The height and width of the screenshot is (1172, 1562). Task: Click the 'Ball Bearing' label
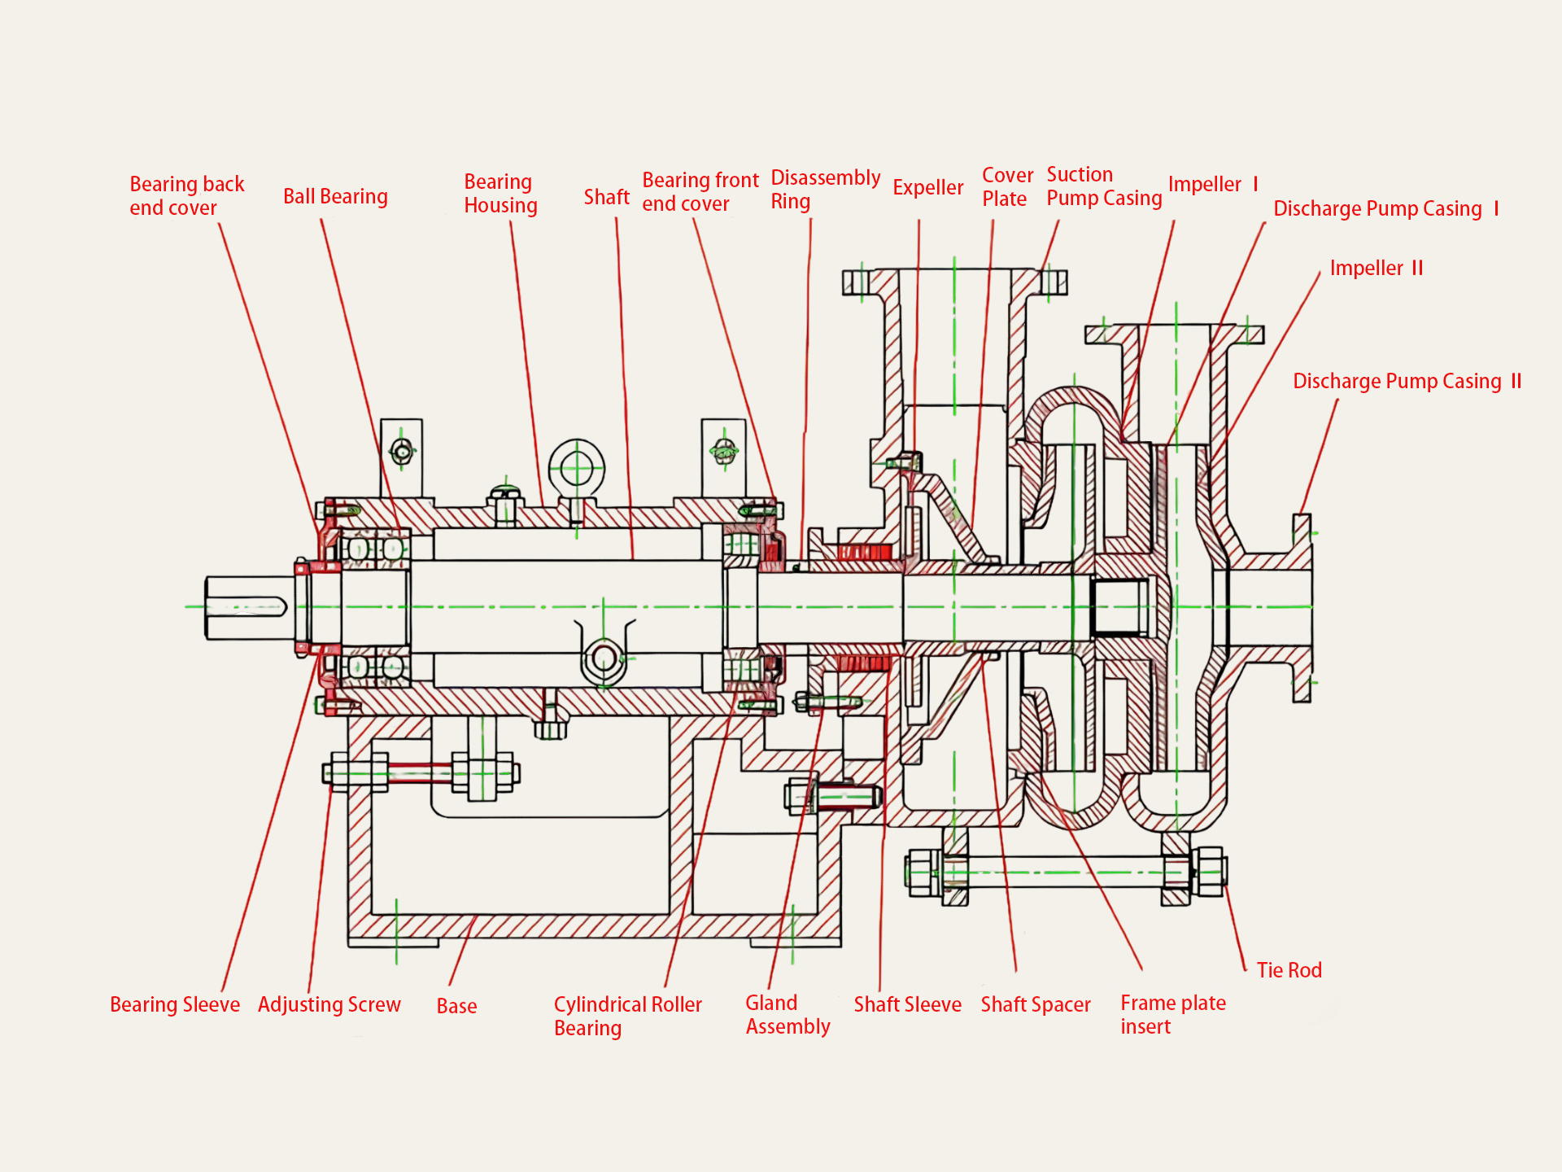click(x=335, y=197)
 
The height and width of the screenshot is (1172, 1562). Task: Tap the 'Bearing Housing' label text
click(x=500, y=194)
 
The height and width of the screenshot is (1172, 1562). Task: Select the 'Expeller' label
click(x=927, y=188)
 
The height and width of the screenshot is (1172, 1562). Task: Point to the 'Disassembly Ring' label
click(x=825, y=190)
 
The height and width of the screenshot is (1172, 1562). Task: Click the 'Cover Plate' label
click(x=1007, y=187)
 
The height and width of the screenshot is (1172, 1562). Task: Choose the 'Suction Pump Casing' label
click(x=1103, y=186)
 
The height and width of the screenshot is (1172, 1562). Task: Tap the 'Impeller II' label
click(x=1376, y=269)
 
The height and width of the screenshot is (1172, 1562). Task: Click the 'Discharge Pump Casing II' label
click(x=1407, y=382)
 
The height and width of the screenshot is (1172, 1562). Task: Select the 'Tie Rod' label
click(x=1289, y=970)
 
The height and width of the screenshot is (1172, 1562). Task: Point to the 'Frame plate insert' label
click(x=1172, y=1014)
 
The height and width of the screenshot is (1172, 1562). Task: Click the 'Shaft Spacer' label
click(x=1035, y=1005)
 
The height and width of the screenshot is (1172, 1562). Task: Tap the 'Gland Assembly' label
click(x=788, y=1014)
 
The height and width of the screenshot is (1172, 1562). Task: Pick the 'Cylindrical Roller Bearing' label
click(x=627, y=1016)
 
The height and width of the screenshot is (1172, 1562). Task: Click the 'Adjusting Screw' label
click(x=329, y=1005)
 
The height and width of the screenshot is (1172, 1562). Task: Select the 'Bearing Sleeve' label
click(x=175, y=1005)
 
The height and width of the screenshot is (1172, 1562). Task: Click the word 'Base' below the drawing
click(x=456, y=1007)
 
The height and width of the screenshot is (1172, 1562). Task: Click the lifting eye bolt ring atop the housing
click(x=576, y=468)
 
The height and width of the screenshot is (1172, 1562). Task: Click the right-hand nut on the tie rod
click(x=1209, y=872)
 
